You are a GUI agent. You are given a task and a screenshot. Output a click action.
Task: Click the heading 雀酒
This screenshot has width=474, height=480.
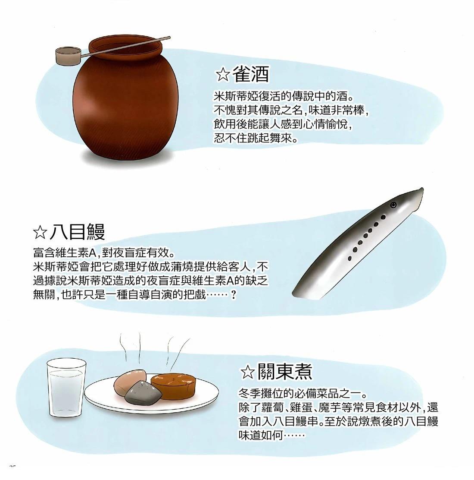tap(251, 74)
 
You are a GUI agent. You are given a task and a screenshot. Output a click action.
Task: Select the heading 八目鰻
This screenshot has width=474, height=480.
tap(77, 232)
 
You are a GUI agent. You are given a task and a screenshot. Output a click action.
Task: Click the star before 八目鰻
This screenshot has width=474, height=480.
tap(40, 233)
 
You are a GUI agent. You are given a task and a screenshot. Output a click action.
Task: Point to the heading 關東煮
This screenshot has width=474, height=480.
tap(285, 371)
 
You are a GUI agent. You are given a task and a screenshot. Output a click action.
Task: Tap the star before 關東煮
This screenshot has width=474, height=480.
tap(247, 372)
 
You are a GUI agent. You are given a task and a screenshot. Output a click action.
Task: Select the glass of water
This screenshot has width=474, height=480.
tap(66, 388)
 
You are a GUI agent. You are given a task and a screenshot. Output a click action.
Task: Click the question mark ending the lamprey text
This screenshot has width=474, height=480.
tap(234, 295)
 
